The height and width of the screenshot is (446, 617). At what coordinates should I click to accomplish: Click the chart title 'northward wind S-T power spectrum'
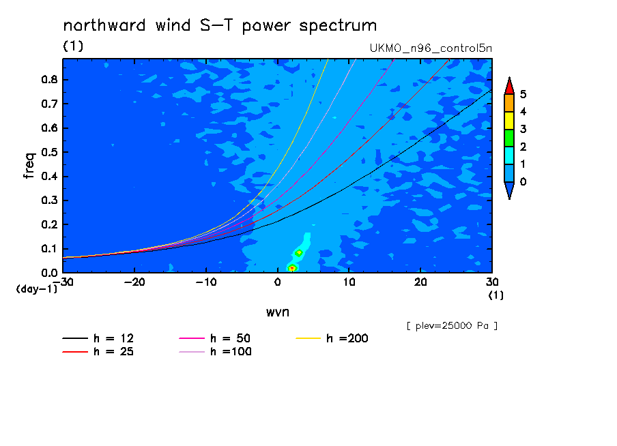pyautogui.click(x=220, y=26)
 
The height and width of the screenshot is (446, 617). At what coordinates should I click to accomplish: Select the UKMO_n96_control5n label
pyautogui.click(x=431, y=48)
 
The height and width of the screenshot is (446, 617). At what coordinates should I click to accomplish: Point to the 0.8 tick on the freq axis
pyautogui.click(x=49, y=80)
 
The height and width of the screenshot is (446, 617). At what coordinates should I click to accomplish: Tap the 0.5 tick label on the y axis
pyautogui.click(x=49, y=152)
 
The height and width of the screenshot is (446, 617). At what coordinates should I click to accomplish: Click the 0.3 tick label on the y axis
pyautogui.click(x=49, y=200)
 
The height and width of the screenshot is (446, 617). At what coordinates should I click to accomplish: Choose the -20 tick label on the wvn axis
pyautogui.click(x=134, y=282)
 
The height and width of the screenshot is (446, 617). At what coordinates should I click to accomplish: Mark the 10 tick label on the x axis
pyautogui.click(x=349, y=282)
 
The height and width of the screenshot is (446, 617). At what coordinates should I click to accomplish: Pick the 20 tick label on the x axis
pyautogui.click(x=420, y=282)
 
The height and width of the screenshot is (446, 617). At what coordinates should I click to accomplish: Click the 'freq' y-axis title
pyautogui.click(x=29, y=166)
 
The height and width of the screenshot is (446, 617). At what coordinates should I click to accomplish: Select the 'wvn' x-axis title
pyautogui.click(x=278, y=312)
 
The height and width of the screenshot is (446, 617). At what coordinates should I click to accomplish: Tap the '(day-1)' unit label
pyautogui.click(x=36, y=289)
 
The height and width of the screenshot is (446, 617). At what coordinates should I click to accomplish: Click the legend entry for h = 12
pyautogui.click(x=98, y=338)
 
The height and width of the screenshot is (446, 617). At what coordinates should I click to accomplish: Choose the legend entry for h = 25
pyautogui.click(x=98, y=352)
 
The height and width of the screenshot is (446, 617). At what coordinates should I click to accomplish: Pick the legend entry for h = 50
pyautogui.click(x=215, y=338)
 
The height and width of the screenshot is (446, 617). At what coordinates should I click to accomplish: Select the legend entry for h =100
pyautogui.click(x=215, y=352)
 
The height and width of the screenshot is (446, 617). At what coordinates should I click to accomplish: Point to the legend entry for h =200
pyautogui.click(x=332, y=338)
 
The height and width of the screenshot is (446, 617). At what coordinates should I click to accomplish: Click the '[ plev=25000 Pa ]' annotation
pyautogui.click(x=452, y=326)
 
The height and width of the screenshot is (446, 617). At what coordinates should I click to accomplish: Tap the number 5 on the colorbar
pyautogui.click(x=523, y=94)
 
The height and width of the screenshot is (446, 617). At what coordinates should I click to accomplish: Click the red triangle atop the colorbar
pyautogui.click(x=509, y=86)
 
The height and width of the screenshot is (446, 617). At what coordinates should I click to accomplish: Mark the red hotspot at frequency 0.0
pyautogui.click(x=292, y=268)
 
